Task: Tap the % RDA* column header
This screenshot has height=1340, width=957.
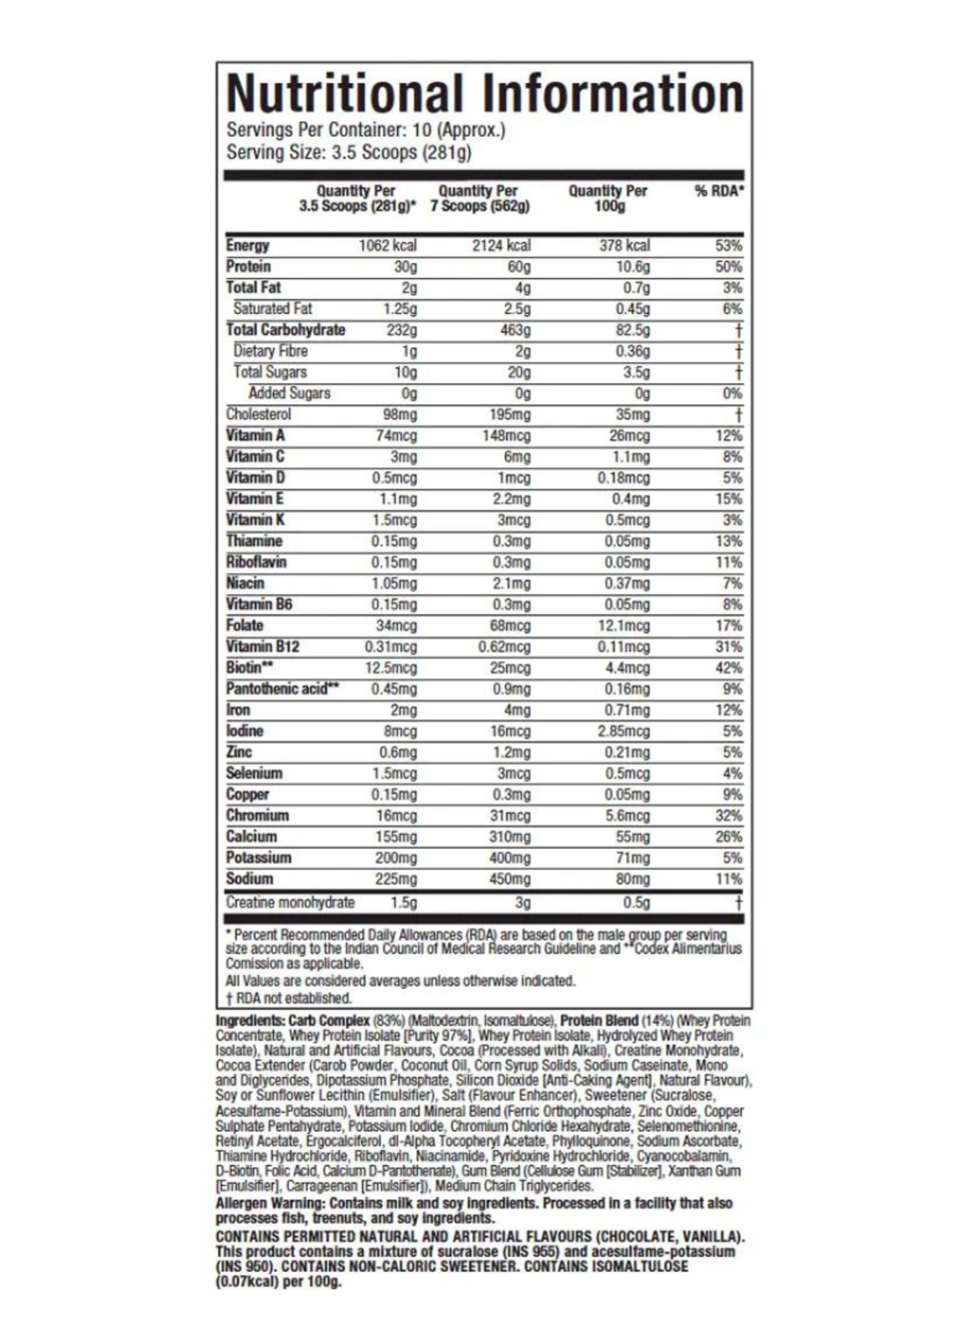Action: (x=719, y=191)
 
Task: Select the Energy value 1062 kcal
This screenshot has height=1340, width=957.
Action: (x=387, y=246)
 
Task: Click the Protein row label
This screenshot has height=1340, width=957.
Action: (x=248, y=266)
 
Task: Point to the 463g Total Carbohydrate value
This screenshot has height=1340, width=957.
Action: (x=515, y=330)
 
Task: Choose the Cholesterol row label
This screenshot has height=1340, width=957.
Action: (x=258, y=414)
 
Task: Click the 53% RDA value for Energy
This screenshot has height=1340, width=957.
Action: (x=728, y=246)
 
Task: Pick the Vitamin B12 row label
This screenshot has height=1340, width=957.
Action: (x=262, y=646)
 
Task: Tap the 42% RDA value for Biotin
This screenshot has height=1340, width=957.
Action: (x=728, y=668)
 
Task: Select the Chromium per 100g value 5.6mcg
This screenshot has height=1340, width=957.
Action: (x=627, y=815)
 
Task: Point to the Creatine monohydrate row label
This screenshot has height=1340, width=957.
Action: (x=290, y=902)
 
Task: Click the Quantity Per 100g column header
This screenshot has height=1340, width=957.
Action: (x=607, y=198)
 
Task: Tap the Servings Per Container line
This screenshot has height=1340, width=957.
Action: (x=366, y=130)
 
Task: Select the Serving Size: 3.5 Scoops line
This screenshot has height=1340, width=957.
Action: (x=348, y=152)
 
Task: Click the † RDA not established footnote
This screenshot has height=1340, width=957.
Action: (x=288, y=998)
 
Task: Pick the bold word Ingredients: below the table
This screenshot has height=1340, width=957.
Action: (x=250, y=1021)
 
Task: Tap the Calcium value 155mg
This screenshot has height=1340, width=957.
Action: (x=396, y=837)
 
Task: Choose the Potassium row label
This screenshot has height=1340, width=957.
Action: (x=258, y=858)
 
